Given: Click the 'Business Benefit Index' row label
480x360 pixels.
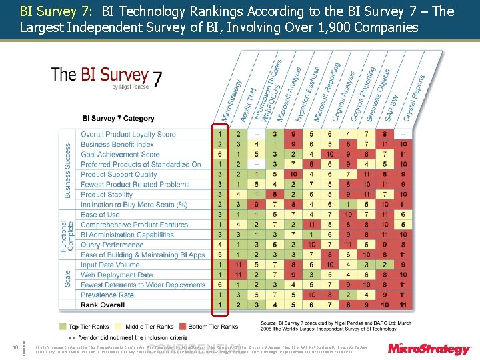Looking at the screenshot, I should pos(117,144).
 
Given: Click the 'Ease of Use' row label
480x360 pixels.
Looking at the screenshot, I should pos(100,215).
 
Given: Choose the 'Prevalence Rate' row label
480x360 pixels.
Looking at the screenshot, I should pos(107,295).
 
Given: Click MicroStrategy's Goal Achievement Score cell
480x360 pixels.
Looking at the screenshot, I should pos(221,154).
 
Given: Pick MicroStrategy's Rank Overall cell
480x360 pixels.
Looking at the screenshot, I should pos(221,305).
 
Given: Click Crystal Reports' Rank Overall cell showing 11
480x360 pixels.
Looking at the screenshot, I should pos(403,305).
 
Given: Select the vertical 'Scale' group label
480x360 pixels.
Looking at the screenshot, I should pos(68,274).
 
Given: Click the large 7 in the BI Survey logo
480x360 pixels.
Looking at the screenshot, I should pos(156,79).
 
